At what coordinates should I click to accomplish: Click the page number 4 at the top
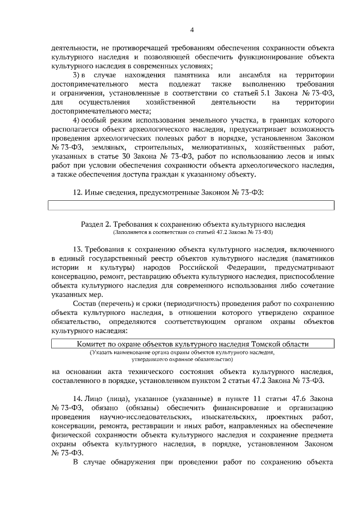point(192,30)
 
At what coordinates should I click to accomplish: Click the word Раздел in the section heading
point(92,223)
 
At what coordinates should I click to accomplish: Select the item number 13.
point(78,248)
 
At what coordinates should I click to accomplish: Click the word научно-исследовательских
point(142,417)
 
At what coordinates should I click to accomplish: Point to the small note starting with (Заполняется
point(192,232)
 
